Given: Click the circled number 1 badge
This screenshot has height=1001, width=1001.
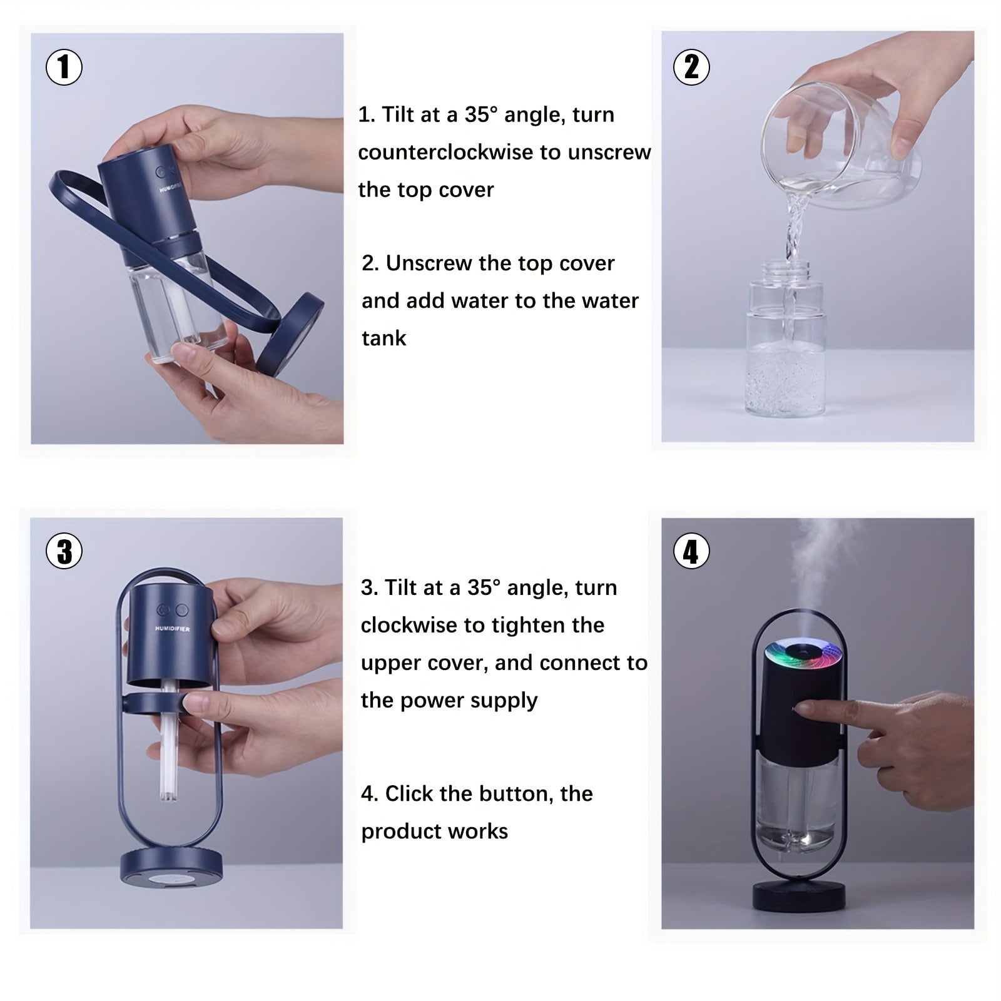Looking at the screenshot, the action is (x=64, y=67).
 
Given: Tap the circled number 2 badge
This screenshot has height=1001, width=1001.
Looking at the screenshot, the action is (x=691, y=67).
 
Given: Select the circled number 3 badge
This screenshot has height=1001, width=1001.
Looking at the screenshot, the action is (x=64, y=551).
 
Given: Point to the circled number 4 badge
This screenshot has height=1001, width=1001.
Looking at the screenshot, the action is (x=691, y=551).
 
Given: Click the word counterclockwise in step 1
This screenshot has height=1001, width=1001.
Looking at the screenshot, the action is (x=451, y=152).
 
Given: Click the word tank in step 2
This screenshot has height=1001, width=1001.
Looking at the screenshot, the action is (x=384, y=338).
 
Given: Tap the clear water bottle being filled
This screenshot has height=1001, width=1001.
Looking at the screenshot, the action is (x=786, y=338).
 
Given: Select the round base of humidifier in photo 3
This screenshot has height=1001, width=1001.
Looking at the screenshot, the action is (x=171, y=866).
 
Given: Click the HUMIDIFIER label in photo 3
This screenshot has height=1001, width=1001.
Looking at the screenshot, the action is (x=172, y=629).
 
